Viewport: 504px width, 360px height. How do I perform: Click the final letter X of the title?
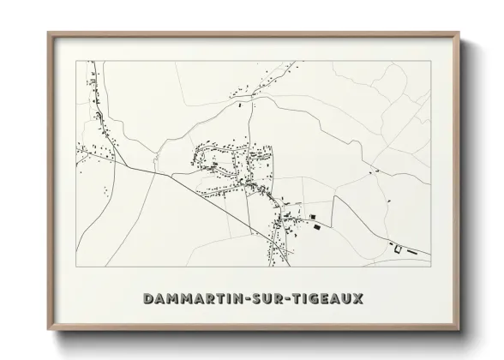pyautogui.click(x=357, y=299)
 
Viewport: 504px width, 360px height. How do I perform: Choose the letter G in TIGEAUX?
pyautogui.click(x=310, y=299)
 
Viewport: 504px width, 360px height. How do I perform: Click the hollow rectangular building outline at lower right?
pyautogui.click(x=397, y=249)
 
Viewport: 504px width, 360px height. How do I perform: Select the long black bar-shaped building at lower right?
pyautogui.click(x=411, y=253)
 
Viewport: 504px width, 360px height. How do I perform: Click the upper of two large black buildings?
pyautogui.click(x=313, y=216)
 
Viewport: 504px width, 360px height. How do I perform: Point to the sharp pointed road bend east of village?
pyautogui.click(x=334, y=196)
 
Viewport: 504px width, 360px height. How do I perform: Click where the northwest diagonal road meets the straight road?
pyautogui.click(x=129, y=167)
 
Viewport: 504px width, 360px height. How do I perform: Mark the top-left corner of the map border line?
pyautogui.click(x=77, y=61)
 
